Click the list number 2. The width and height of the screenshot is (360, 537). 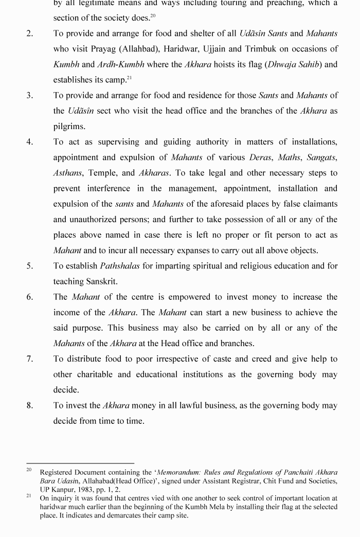(30, 34)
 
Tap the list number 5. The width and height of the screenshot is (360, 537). (30, 266)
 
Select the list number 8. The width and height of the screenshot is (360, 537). (30, 406)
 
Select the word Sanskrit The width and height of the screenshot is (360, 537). (101, 282)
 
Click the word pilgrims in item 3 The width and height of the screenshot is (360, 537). (69, 127)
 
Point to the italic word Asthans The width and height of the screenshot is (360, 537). (68, 173)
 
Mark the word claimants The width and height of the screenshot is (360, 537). (319, 204)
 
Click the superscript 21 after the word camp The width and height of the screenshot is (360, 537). (129, 78)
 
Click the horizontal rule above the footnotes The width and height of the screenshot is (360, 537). (80, 463)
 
